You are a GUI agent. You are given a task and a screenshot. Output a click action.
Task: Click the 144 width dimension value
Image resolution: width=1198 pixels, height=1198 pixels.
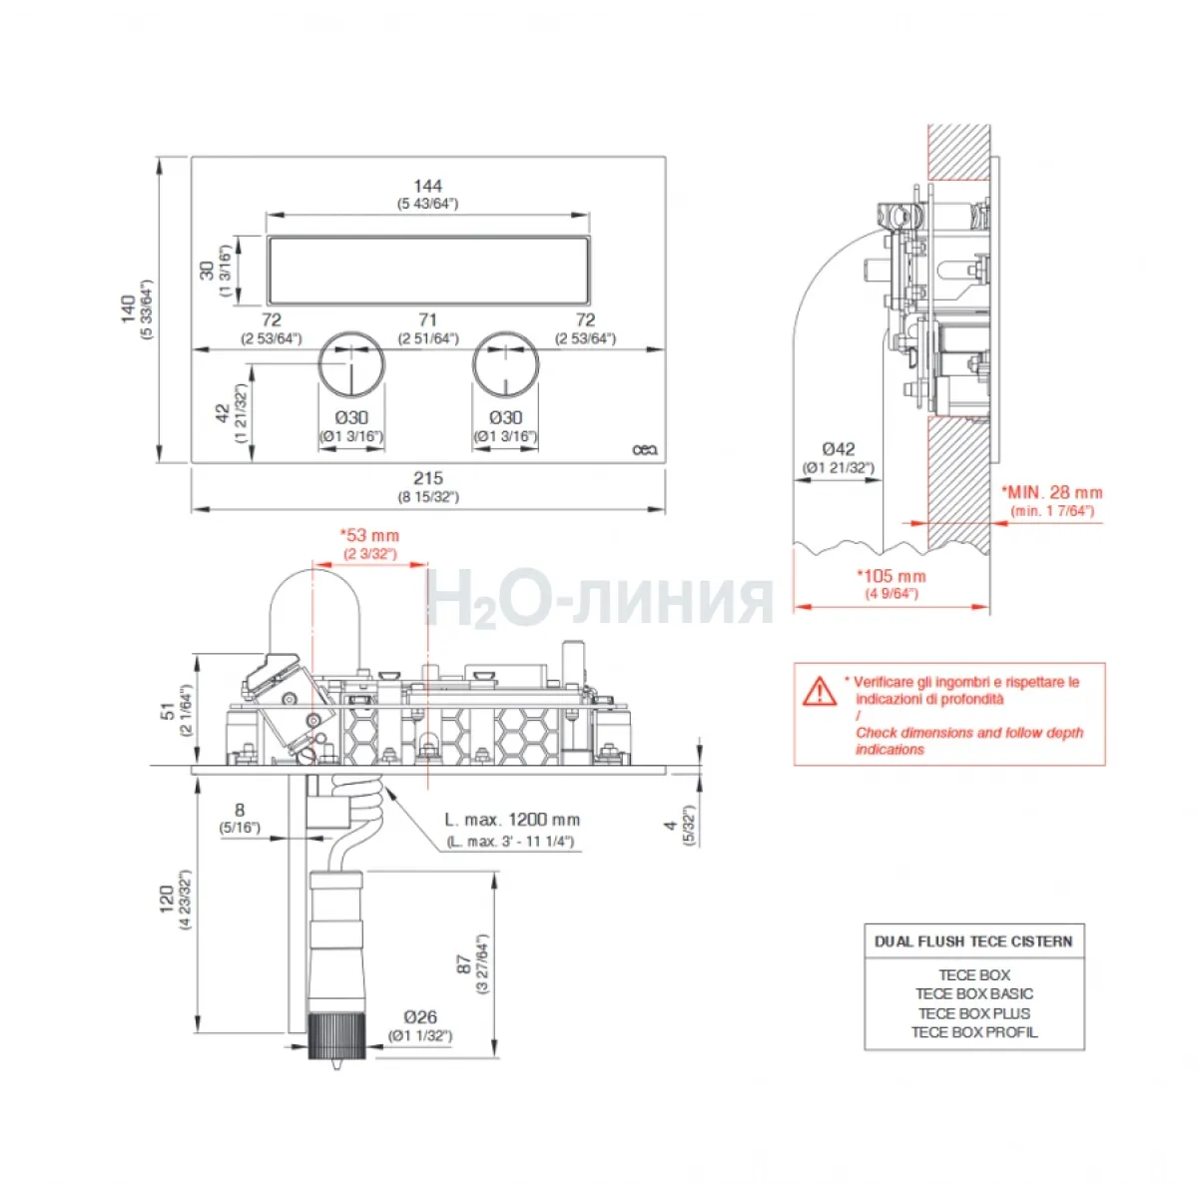coord(427,186)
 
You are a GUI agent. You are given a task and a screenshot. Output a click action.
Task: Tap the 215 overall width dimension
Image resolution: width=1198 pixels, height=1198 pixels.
coord(428,478)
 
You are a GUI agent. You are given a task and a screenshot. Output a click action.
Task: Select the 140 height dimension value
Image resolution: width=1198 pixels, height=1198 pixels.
coord(129,308)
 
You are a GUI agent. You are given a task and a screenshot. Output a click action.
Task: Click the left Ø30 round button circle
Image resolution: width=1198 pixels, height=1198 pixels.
coord(351,364)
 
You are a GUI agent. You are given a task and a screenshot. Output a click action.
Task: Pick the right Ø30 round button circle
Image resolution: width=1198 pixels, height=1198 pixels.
coord(505,364)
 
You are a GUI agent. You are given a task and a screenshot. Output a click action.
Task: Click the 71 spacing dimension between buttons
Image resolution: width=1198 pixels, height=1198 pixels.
coord(427,319)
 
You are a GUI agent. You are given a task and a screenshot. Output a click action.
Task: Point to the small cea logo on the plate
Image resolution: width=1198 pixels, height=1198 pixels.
coord(645,449)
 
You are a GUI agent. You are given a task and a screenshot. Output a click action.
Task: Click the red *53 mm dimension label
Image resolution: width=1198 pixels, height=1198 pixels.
coord(370,535)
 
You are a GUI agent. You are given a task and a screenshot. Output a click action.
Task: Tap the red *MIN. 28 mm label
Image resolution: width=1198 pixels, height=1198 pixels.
coord(1052,493)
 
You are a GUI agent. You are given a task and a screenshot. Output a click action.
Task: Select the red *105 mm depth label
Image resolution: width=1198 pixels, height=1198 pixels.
coord(892,576)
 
